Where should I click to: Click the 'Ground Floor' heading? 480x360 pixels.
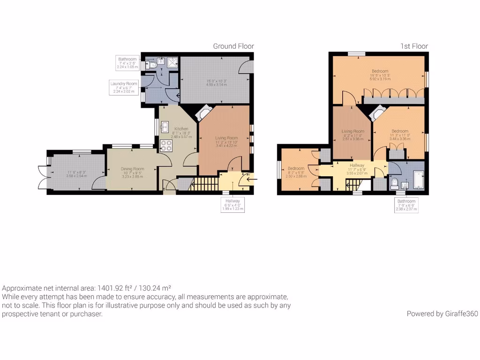[233, 46]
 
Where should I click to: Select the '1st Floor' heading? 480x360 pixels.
[414, 46]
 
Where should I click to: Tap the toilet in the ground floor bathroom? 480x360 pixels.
[150, 66]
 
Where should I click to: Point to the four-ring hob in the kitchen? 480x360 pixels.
[166, 146]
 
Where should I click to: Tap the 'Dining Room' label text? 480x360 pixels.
[132, 169]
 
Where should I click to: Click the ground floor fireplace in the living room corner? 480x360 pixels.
[204, 114]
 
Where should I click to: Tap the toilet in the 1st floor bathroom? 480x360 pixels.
[394, 182]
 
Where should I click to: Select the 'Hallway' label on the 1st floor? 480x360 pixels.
[357, 165]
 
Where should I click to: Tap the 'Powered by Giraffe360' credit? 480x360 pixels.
[442, 314]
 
